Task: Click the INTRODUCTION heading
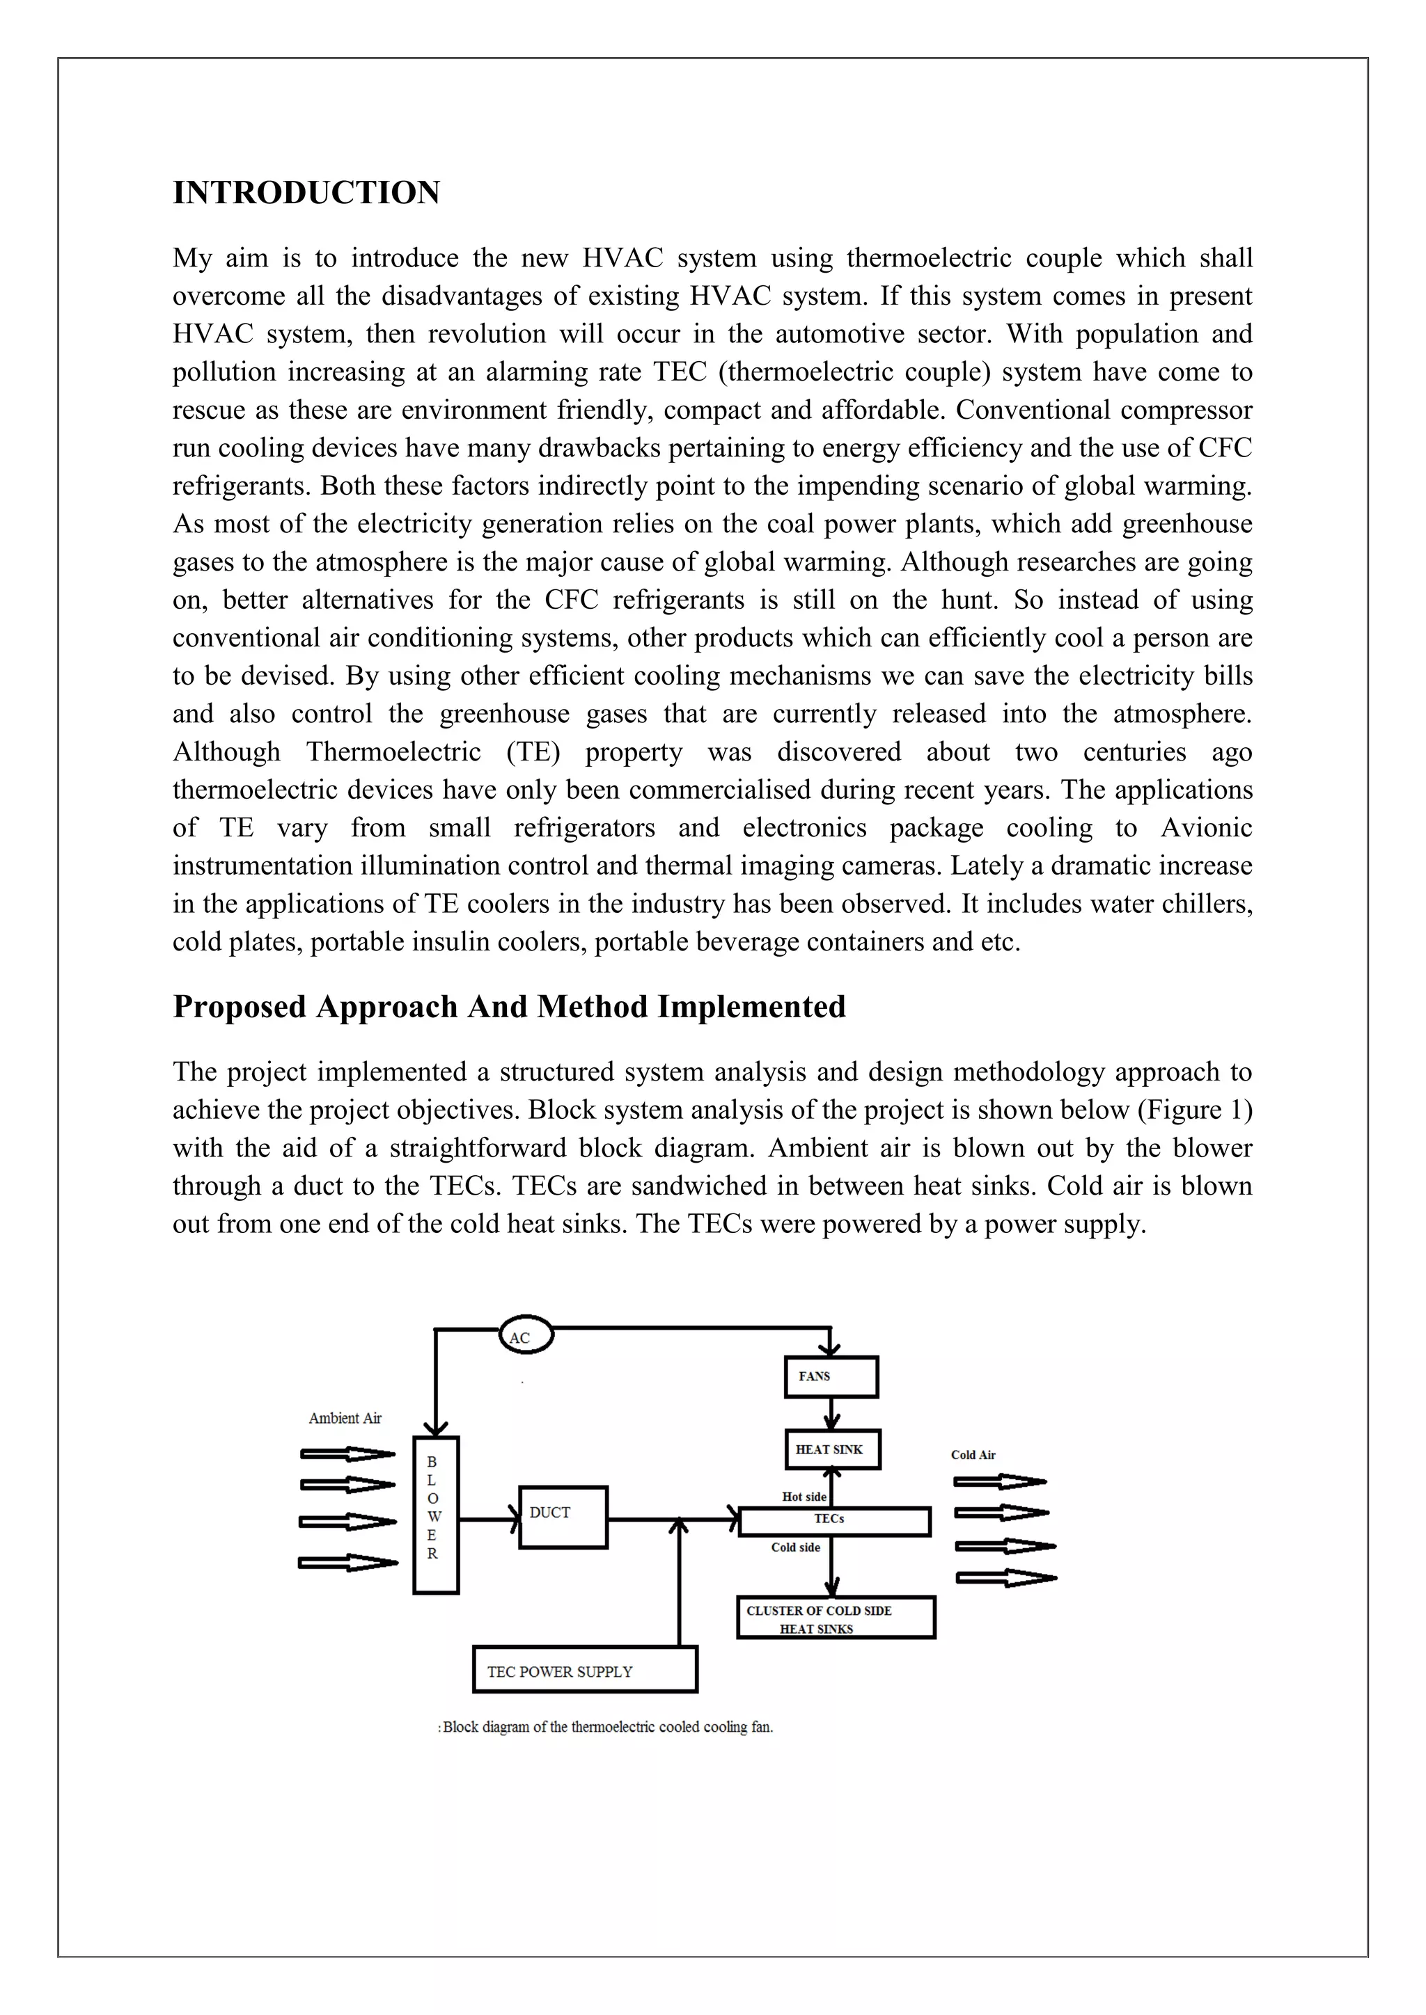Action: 306,193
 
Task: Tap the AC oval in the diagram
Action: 526,1336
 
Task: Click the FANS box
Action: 831,1376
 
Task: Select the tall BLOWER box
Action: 435,1515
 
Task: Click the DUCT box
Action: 563,1517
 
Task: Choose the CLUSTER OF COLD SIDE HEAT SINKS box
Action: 836,1616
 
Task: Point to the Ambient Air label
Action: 345,1417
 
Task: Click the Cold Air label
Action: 973,1454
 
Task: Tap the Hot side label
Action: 804,1497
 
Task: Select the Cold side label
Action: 796,1547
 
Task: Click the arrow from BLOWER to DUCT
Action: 489,1518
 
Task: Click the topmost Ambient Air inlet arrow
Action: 347,1454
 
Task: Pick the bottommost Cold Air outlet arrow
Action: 1005,1577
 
